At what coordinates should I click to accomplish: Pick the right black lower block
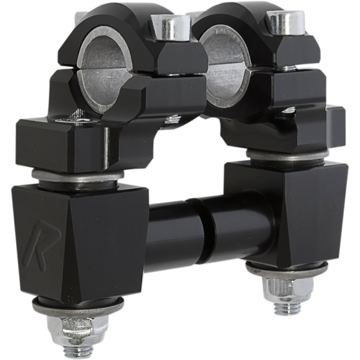tap(288, 210)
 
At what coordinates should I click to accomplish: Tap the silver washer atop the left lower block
tap(78, 177)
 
